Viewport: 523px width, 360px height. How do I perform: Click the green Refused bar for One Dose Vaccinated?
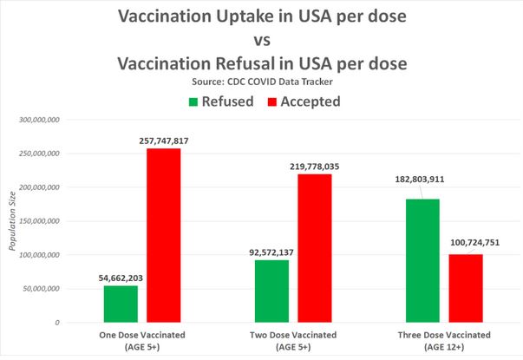click(121, 304)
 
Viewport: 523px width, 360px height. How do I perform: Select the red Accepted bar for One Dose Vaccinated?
click(163, 236)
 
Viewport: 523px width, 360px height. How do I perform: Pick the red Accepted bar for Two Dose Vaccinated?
click(314, 248)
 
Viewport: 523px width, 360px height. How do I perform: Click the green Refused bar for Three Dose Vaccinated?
click(422, 260)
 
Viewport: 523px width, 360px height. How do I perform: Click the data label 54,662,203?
click(120, 277)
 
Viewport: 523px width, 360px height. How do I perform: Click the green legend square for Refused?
click(193, 101)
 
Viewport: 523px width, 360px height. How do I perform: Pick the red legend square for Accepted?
click(271, 101)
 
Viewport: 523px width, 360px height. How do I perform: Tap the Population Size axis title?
click(12, 221)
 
